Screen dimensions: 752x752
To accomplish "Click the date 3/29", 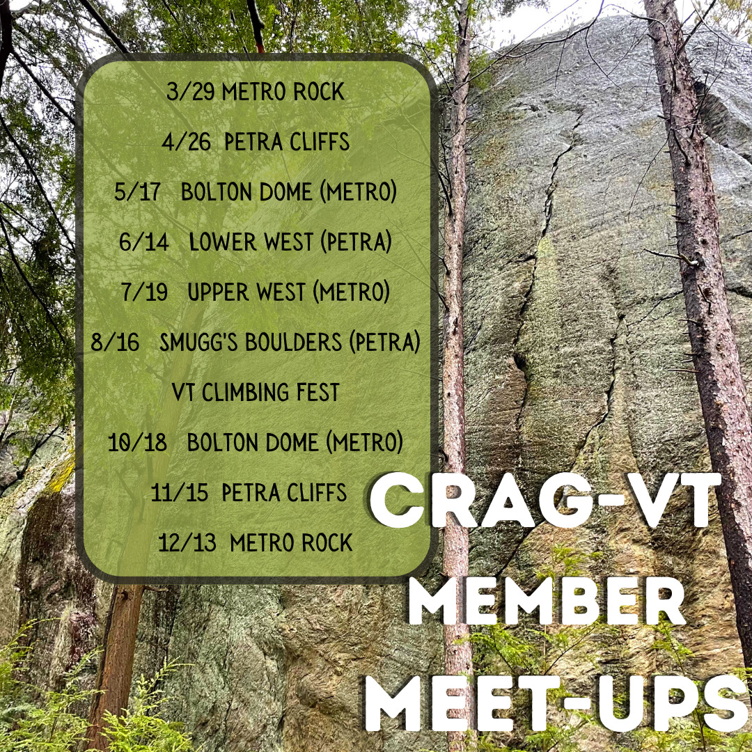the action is point(190,91).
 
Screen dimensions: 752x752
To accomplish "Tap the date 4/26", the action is point(186,141).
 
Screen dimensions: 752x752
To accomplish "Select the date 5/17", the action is point(137,192).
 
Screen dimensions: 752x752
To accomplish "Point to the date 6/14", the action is point(144,242).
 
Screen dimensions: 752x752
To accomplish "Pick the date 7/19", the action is point(144,292).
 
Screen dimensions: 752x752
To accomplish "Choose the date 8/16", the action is point(115,342).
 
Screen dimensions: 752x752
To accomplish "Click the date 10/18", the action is point(137,442).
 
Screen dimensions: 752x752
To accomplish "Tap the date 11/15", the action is point(180,492).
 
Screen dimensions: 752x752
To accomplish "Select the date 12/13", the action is point(187,542).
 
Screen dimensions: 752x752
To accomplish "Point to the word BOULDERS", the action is point(294,342).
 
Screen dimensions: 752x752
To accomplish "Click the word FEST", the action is point(318,392).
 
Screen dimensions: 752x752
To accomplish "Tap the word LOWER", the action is point(223,242).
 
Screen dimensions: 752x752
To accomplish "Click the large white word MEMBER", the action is point(548,602).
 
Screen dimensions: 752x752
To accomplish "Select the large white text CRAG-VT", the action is point(545,500).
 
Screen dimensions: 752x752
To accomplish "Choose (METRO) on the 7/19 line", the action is point(351,292).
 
